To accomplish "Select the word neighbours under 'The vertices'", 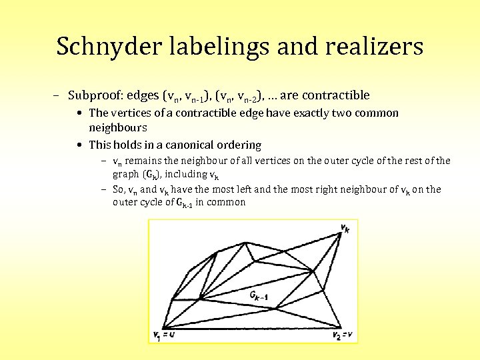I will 117,127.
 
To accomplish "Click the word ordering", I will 238,145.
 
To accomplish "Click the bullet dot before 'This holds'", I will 80,145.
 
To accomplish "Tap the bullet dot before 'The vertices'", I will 80,113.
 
